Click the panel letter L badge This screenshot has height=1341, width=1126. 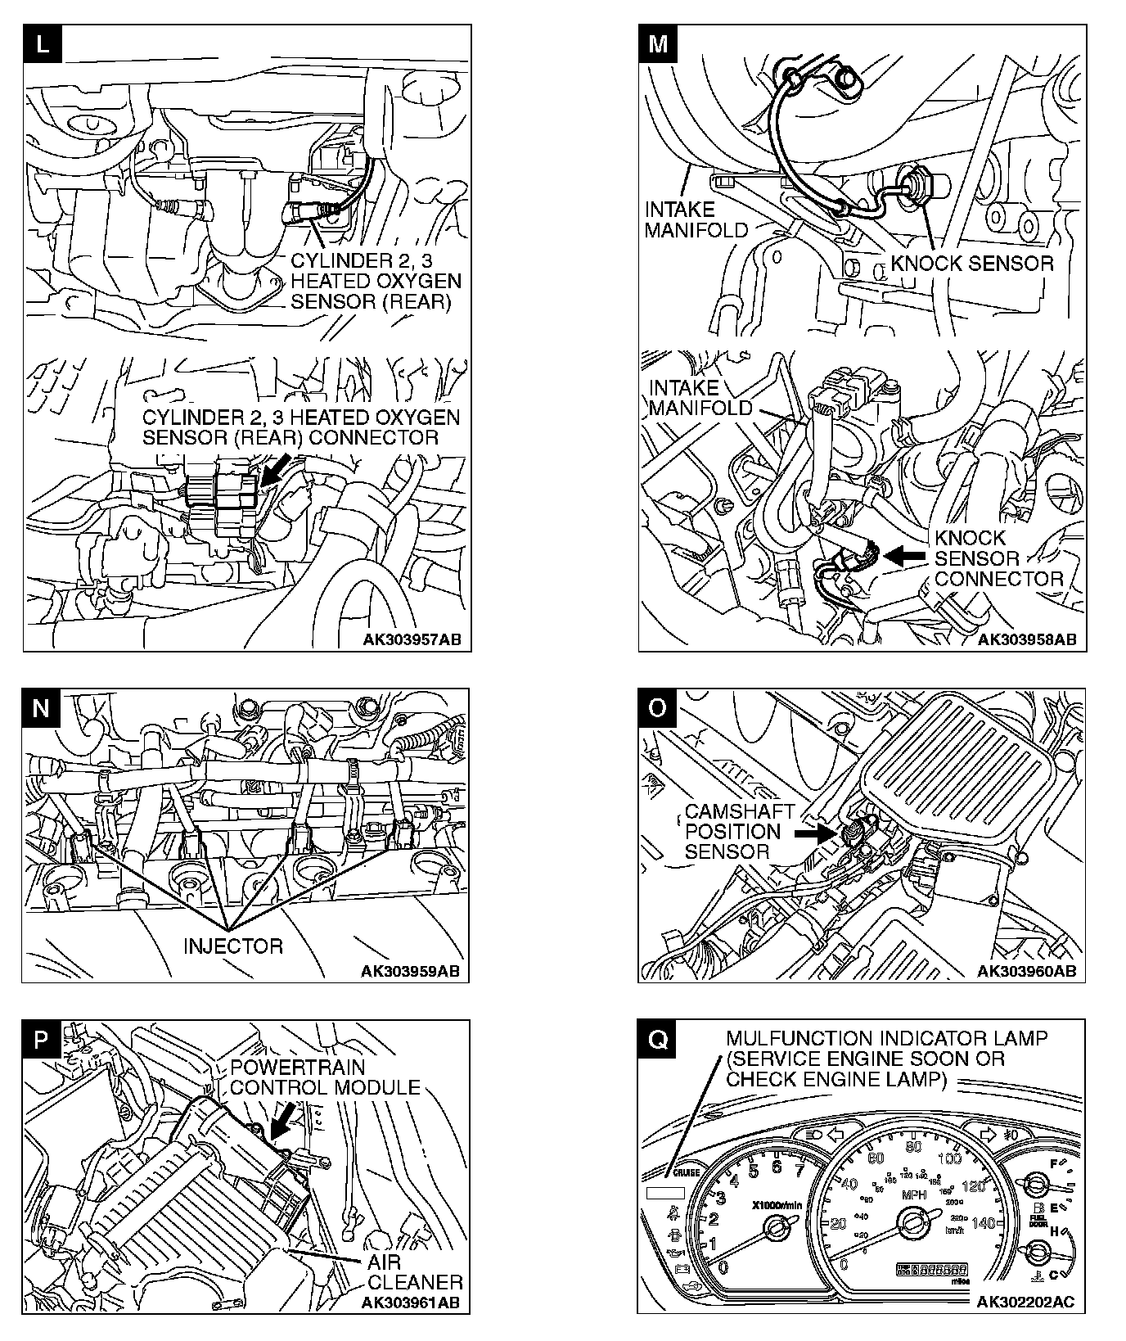pos(43,44)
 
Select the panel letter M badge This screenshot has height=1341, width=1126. pos(658,44)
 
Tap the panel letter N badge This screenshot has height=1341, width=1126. pos(41,707)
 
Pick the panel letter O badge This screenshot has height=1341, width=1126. pos(657,707)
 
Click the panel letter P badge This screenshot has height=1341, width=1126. pos(42,1040)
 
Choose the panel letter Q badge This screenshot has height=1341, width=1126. pos(657,1040)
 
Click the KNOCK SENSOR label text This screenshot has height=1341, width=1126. pos(971,264)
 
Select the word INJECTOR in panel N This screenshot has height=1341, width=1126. pos(233,946)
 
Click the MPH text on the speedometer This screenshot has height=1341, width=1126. pos(913,1194)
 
